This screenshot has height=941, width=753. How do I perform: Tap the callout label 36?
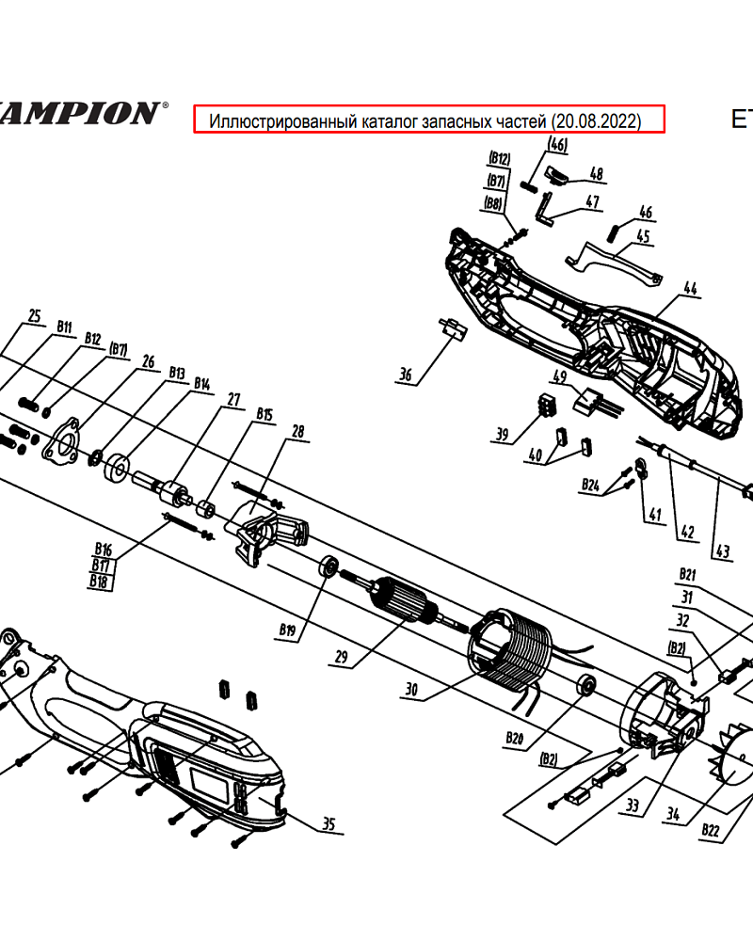point(406,375)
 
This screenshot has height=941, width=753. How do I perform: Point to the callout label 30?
point(410,690)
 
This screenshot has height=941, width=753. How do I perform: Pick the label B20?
point(514,740)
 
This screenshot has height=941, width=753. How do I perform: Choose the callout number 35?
point(328,825)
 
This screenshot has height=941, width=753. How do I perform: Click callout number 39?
point(502,434)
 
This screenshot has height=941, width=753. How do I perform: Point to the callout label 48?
point(596,173)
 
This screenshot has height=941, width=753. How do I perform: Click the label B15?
point(264,414)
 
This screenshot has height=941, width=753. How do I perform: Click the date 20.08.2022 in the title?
point(597,120)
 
